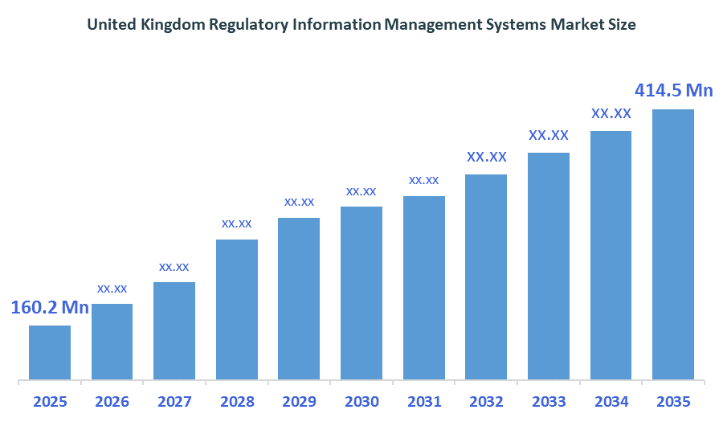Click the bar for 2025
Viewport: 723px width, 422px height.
point(50,352)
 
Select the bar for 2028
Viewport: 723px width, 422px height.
point(237,309)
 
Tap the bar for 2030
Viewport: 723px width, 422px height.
point(361,293)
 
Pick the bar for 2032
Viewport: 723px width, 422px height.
point(486,277)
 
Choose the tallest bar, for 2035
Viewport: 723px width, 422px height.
point(672,244)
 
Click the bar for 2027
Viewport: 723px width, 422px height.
point(174,330)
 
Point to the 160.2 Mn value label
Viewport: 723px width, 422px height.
point(50,308)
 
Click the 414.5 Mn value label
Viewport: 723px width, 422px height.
point(673,90)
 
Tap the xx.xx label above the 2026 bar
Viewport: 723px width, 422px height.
point(112,288)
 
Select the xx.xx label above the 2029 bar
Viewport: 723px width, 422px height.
point(299,202)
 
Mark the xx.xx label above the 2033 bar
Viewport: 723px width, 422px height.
point(549,135)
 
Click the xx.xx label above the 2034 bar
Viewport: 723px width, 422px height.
point(611,113)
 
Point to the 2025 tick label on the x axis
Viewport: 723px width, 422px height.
point(50,401)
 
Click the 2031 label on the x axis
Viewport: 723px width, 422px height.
point(423,401)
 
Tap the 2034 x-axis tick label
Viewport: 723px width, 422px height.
point(611,401)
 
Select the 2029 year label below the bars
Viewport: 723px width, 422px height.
point(299,401)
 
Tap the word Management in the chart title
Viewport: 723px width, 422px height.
point(424,25)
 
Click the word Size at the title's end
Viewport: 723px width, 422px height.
point(620,25)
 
